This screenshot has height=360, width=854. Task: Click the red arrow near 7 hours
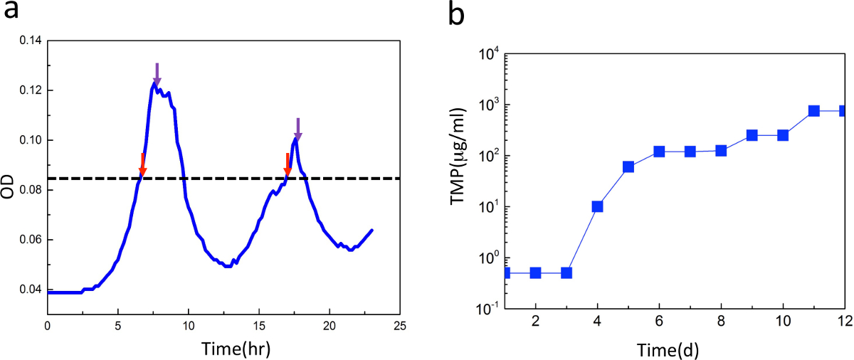pyautogui.click(x=142, y=164)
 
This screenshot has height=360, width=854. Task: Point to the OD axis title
pyautogui.click(x=10, y=181)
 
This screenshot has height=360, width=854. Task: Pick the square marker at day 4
pyautogui.click(x=597, y=206)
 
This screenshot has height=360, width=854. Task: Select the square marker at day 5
pyautogui.click(x=628, y=167)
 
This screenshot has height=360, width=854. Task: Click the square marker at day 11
pyautogui.click(x=813, y=111)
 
